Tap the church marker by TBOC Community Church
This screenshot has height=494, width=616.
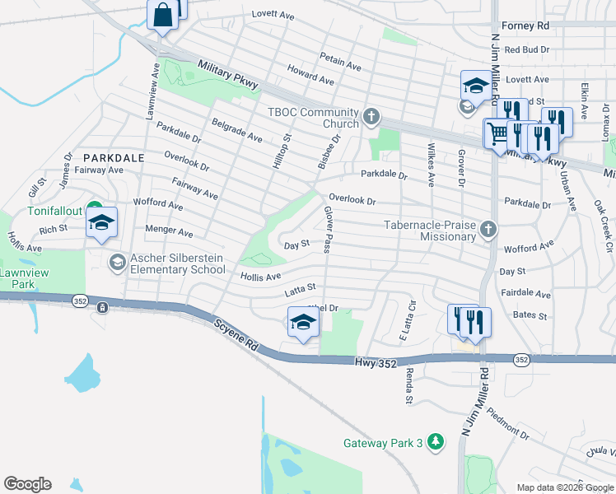point(371,117)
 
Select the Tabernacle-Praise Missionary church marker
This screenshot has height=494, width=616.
point(488,229)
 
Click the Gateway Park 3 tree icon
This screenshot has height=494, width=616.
point(437,443)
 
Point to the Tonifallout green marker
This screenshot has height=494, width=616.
point(94,211)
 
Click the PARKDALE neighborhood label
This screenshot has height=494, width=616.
point(114,157)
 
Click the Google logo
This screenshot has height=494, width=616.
point(27,484)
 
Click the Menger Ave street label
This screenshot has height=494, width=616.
point(169,231)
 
